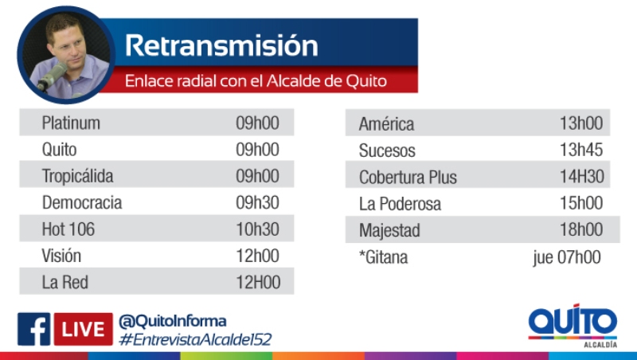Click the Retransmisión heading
coord(221,45)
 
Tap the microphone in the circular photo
coord(53,76)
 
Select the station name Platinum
coord(71,123)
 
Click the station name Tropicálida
coord(77,176)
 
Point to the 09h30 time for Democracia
coord(257,202)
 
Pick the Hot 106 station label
coord(68,229)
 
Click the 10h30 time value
coord(257,229)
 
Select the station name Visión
coord(61,256)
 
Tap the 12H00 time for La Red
coord(258,283)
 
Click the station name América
coord(386,123)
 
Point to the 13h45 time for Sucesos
coord(581,150)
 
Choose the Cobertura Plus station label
coord(408,177)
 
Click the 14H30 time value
coord(582,176)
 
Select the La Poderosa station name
coord(400,204)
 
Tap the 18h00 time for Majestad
coord(581,229)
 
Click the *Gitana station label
coord(383,257)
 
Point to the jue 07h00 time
coord(567,257)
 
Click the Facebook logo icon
coord(33,329)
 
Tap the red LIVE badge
coord(84,329)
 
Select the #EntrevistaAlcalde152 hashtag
coord(195,339)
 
